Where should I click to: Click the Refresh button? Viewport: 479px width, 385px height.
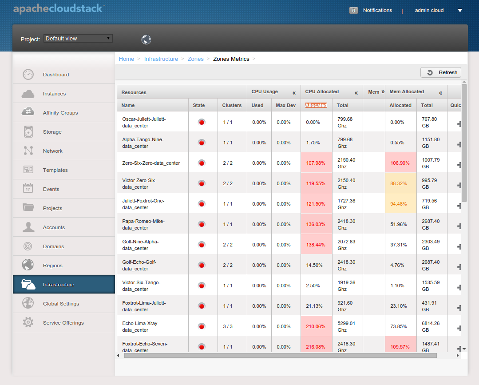tap(440, 72)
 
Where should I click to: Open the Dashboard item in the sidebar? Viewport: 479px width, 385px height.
tap(56, 75)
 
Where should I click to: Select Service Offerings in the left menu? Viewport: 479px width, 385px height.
tap(63, 323)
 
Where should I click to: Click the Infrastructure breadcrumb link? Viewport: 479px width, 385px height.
tap(161, 59)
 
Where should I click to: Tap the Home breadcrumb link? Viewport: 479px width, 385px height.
tap(127, 59)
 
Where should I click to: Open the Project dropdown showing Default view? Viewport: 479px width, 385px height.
tap(78, 39)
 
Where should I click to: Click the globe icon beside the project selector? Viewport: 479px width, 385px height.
tap(146, 40)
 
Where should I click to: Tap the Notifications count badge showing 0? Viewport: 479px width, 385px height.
tap(353, 10)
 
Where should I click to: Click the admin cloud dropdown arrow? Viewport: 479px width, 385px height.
tap(460, 10)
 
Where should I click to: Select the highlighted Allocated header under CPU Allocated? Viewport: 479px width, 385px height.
tap(316, 105)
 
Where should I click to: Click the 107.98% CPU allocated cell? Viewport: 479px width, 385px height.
tap(316, 163)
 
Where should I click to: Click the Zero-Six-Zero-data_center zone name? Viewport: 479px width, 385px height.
tap(151, 163)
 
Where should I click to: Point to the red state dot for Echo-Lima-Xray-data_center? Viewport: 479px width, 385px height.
tap(201, 327)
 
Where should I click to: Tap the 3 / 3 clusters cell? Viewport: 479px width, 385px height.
tap(228, 326)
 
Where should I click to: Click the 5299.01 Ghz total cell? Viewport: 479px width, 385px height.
tap(346, 327)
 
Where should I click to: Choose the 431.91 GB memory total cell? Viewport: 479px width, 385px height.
tap(429, 306)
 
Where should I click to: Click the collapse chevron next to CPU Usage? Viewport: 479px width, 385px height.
tap(294, 93)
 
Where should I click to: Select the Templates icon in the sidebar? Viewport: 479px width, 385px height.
tap(28, 170)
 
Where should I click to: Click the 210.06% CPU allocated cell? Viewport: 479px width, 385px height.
tap(316, 326)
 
